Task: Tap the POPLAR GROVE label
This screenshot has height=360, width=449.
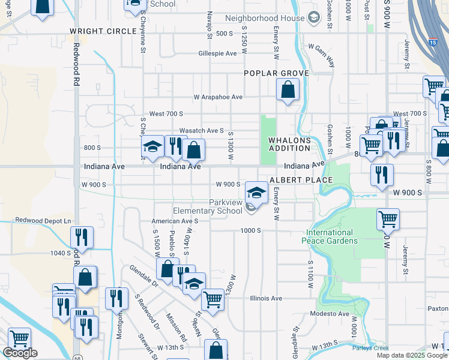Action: (276, 73)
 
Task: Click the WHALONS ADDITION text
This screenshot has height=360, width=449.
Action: (289, 144)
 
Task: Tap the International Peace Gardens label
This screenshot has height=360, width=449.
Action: (332, 236)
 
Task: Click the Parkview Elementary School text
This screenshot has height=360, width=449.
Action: (208, 206)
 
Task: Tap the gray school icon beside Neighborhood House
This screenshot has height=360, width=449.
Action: (313, 17)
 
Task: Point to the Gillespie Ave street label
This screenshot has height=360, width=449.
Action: (218, 53)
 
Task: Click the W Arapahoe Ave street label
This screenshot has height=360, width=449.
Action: (218, 97)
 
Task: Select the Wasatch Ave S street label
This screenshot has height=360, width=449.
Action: (202, 130)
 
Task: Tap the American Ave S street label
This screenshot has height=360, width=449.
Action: (175, 221)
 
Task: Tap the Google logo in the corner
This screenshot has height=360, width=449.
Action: (20, 353)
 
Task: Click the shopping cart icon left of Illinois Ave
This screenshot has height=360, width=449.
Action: (212, 298)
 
